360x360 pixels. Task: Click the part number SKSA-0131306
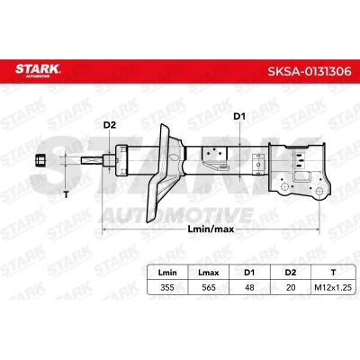[310, 71]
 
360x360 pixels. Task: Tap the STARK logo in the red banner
[38, 70]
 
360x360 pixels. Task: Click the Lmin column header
[167, 273]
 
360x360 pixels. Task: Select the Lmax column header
[209, 273]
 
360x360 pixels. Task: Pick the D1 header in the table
[249, 273]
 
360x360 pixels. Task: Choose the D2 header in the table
[291, 273]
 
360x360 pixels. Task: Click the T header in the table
[333, 273]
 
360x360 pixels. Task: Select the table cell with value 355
[167, 287]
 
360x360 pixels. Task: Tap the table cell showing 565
[209, 287]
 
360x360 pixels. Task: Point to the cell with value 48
[249, 287]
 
